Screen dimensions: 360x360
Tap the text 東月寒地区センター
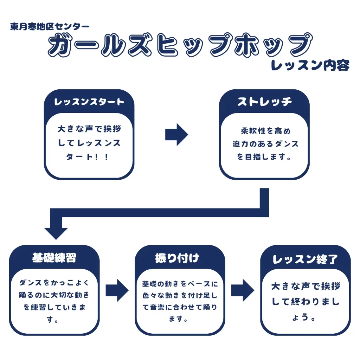point(50,27)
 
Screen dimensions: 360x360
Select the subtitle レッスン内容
point(310,66)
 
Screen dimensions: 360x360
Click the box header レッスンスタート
point(89,102)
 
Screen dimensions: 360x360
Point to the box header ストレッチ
point(264,102)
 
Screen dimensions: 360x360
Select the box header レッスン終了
point(305,259)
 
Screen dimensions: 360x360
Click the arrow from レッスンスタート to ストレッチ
point(176,134)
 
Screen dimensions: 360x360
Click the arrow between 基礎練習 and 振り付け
point(117,290)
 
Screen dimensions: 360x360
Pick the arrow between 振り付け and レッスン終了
point(242,290)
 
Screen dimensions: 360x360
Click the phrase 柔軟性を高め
point(265,131)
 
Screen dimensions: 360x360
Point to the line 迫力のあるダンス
point(265,144)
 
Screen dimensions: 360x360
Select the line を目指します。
point(264,157)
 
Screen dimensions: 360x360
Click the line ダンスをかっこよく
point(54,282)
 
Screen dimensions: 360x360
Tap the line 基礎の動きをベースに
point(180,283)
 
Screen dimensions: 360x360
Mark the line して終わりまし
point(306,302)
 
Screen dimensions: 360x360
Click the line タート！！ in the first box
point(89,157)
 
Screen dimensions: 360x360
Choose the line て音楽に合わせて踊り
point(180,307)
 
